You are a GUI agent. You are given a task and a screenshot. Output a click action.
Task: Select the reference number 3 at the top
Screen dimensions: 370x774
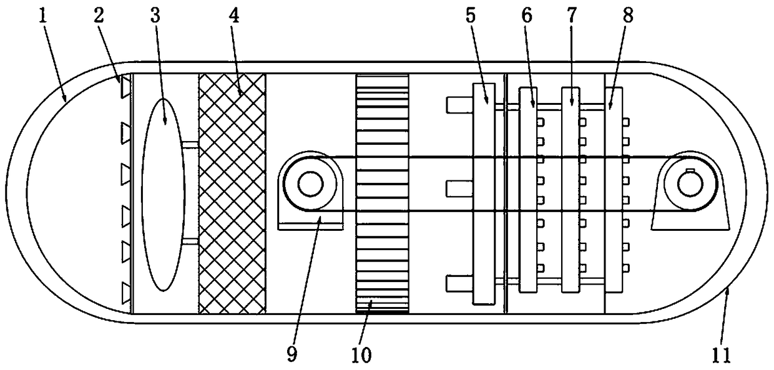click(155, 17)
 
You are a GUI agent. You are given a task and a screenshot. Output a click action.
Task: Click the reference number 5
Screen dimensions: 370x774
click(470, 17)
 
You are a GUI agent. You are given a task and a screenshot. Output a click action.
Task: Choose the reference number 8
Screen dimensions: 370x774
click(627, 17)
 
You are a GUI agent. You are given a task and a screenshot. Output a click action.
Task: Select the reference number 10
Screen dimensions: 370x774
click(361, 354)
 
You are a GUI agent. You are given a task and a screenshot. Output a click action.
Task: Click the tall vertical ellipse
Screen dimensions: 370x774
click(164, 193)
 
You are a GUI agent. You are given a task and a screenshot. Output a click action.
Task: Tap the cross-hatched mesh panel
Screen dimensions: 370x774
click(232, 193)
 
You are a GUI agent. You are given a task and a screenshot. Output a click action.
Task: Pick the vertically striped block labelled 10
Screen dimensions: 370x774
click(382, 193)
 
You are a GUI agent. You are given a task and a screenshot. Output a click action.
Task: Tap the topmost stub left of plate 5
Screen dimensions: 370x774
click(459, 105)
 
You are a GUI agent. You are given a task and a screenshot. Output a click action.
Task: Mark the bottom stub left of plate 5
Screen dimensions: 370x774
click(459, 283)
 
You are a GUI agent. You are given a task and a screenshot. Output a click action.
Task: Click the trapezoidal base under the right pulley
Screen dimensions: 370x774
click(690, 218)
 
